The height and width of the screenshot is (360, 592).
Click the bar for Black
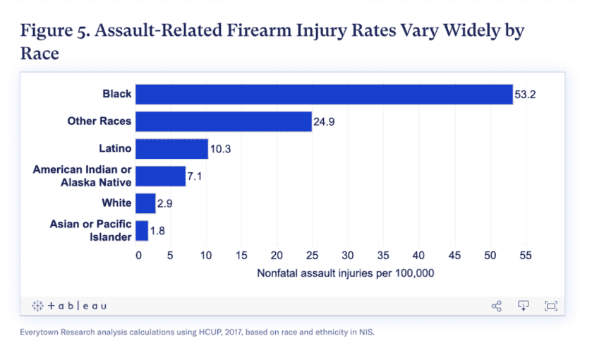(324, 94)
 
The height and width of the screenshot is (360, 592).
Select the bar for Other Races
(223, 121)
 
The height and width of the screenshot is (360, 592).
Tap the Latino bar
(171, 148)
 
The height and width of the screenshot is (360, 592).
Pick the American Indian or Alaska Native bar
(160, 176)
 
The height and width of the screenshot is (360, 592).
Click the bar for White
(145, 203)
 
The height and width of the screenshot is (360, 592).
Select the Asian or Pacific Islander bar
(142, 230)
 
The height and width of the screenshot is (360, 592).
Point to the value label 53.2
(525, 95)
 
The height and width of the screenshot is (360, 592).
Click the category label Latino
(115, 148)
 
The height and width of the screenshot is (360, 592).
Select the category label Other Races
(99, 121)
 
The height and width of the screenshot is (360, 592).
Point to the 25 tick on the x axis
(312, 255)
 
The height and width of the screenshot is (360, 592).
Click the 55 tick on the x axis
(525, 255)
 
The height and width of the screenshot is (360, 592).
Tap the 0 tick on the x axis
(138, 255)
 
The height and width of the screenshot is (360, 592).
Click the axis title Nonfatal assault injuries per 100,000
(345, 273)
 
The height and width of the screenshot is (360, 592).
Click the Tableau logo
(69, 306)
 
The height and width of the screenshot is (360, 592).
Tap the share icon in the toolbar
(496, 306)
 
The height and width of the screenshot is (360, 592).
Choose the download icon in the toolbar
(524, 306)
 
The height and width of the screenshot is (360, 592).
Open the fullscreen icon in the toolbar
(551, 306)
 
